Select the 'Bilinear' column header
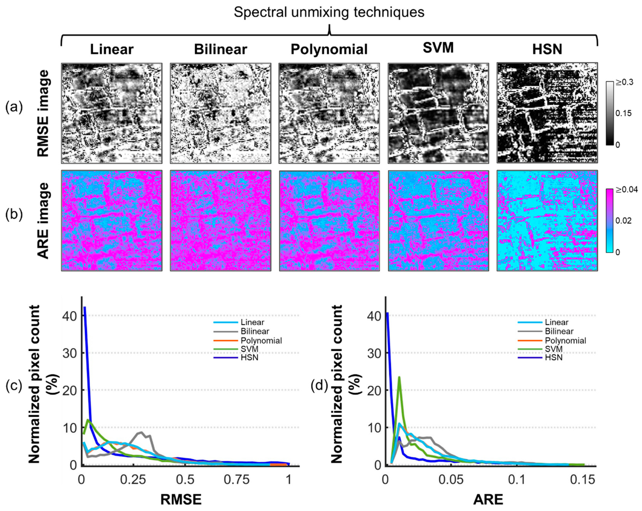(x=220, y=49)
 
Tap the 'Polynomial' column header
(x=329, y=49)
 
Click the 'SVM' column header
(x=438, y=48)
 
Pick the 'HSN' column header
(x=547, y=49)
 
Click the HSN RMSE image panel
(x=547, y=113)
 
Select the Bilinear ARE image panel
(x=220, y=221)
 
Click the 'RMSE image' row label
(x=43, y=113)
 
